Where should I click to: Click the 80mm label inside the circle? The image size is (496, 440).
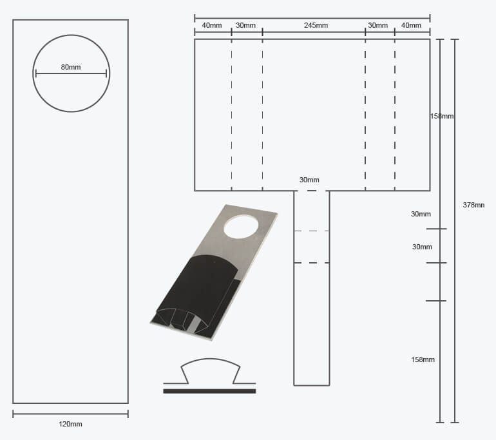[x=71, y=67]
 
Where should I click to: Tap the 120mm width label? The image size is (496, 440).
[x=71, y=424]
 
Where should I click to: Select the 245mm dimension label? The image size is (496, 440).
[x=316, y=26]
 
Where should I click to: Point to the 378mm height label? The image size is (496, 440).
[x=473, y=205]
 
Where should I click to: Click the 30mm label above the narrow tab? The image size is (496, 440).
[x=309, y=180]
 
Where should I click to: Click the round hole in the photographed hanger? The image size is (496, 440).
[x=241, y=225]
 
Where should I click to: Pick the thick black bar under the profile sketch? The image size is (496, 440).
[x=209, y=391]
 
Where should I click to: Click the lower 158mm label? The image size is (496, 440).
[x=423, y=359]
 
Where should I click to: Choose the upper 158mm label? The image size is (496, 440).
[x=442, y=117]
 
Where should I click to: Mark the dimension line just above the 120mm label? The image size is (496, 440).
[x=71, y=414]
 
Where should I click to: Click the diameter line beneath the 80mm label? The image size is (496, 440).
[x=71, y=74]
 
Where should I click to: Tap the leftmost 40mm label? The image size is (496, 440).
[x=212, y=26]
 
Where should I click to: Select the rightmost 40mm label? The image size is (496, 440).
[x=411, y=26]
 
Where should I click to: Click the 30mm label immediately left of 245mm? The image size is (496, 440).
[x=245, y=26]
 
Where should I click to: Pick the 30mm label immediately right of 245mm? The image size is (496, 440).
[x=377, y=26]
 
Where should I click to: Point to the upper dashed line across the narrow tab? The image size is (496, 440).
[x=312, y=231]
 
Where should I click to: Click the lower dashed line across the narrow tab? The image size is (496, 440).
[x=312, y=263]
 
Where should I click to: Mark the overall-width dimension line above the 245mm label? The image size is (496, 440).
[x=312, y=17]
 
